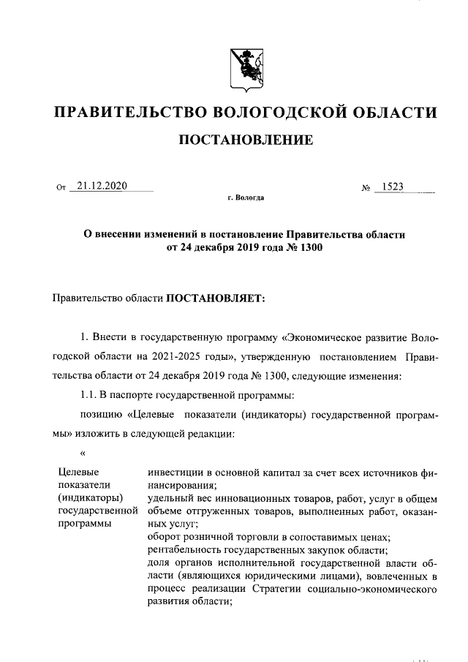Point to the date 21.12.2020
click(102, 186)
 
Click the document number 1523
click(392, 187)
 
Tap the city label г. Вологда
click(246, 198)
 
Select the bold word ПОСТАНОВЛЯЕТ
click(216, 298)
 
